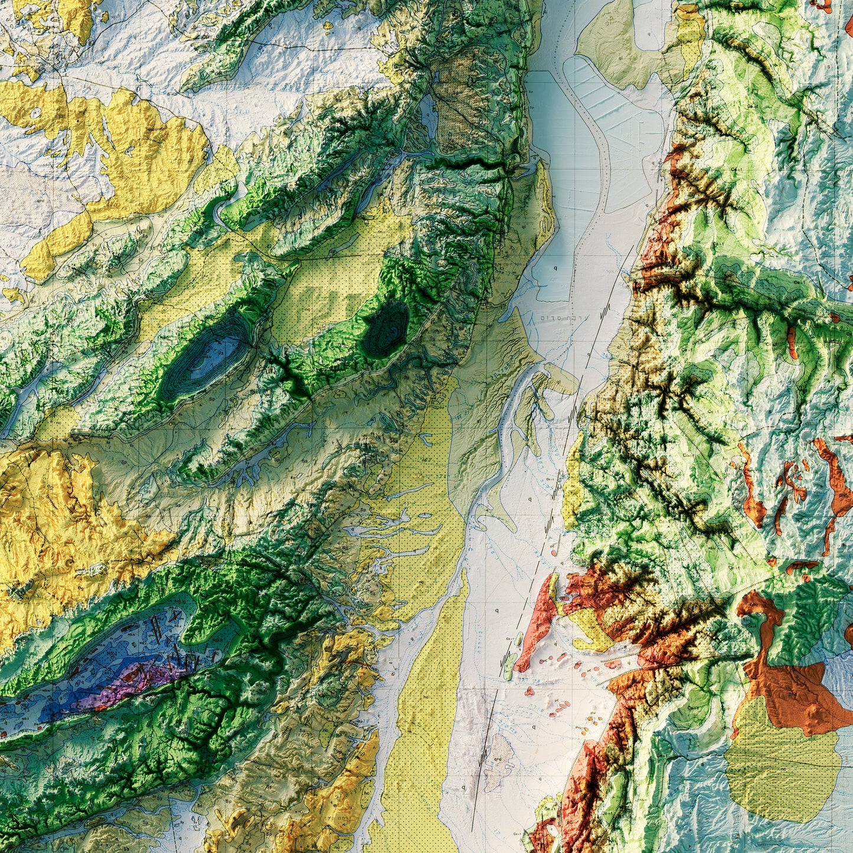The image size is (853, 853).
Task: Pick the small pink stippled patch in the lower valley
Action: click(x=499, y=762)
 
